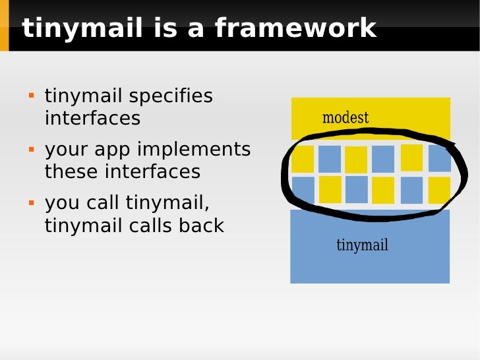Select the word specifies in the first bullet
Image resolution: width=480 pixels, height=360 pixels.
pos(171,96)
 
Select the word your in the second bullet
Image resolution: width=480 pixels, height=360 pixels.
pos(65,150)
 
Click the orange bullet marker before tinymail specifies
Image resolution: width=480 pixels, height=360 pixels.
pos(30,96)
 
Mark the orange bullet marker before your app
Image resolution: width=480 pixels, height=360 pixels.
pos(30,150)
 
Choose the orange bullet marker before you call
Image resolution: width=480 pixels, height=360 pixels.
pos(30,203)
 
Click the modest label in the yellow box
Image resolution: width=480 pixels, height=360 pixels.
pos(345,118)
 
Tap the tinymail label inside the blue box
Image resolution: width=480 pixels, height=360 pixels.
pos(362,245)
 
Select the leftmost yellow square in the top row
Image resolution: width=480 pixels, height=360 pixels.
pos(303,159)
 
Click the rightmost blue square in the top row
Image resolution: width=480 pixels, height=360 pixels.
pos(439,158)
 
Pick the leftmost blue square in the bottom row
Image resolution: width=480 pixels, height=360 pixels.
pos(303,190)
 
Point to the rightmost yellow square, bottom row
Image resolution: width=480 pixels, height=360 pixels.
pos(439,190)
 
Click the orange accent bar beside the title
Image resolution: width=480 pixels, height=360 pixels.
pos(4,26)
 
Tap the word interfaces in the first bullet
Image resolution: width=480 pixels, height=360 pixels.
pos(92,118)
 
